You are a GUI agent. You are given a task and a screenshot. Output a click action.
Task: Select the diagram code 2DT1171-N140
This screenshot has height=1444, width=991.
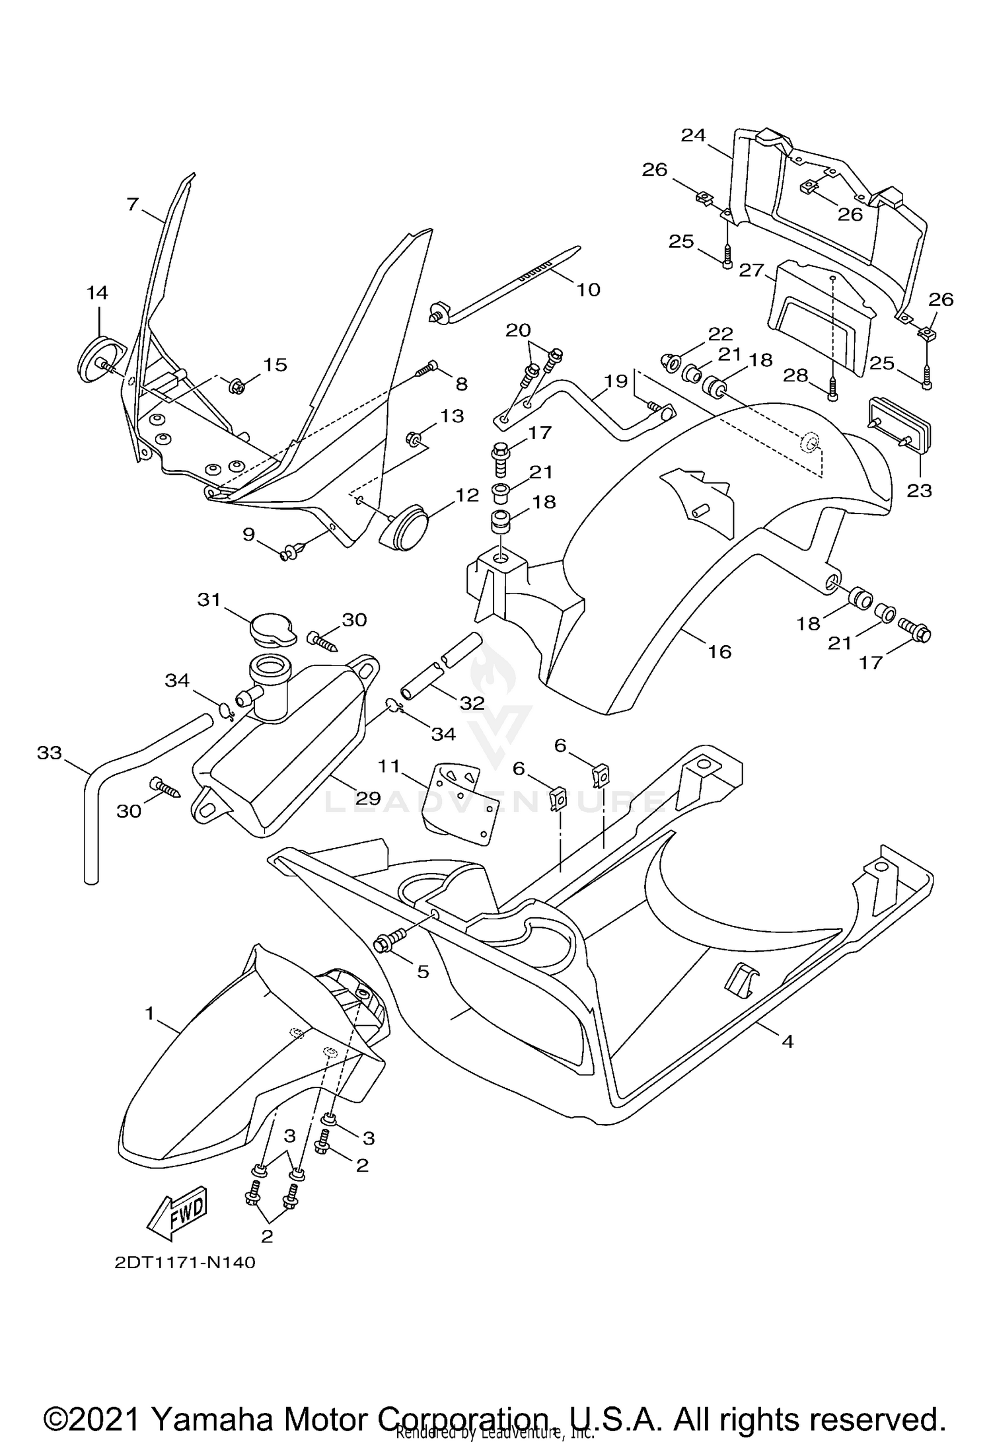click(x=185, y=1263)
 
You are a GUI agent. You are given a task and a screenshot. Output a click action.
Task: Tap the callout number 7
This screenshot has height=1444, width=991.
click(x=133, y=204)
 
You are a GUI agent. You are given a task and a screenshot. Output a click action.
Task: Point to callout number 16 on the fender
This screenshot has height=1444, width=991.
click(x=719, y=652)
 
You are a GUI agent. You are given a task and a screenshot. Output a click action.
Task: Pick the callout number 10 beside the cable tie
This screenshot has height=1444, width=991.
click(x=588, y=289)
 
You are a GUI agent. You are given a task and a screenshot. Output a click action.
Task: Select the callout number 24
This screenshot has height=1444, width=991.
click(x=694, y=135)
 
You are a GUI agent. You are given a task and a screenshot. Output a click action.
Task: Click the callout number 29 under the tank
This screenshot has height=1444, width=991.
click(x=368, y=798)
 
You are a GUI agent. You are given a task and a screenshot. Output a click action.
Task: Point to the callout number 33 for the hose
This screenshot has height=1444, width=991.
click(x=49, y=753)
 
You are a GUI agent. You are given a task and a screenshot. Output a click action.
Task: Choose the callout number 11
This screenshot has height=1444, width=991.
click(x=389, y=766)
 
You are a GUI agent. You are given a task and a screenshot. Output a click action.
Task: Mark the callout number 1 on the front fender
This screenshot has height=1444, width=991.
click(x=150, y=1013)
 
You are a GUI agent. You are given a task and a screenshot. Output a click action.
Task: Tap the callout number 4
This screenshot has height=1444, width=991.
click(x=787, y=1042)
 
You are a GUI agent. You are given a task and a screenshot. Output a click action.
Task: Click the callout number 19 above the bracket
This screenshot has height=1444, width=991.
click(x=616, y=381)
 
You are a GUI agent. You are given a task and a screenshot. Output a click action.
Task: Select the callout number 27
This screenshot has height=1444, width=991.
click(x=751, y=271)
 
